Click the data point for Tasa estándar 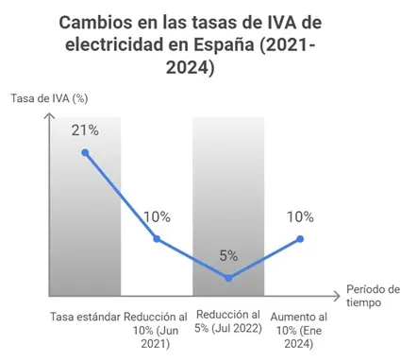pos(85,152)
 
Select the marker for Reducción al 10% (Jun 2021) pos(157,238)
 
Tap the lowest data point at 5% pos(228,278)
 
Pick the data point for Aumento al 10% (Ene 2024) pos(300,238)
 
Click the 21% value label pos(85,130)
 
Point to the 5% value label pos(228,255)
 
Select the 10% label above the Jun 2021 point pos(157,216)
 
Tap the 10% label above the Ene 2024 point pos(300,216)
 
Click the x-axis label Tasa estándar pos(83,315)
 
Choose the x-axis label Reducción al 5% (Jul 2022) pos(228,322)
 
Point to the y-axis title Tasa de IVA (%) pos(50,98)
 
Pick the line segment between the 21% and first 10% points pos(121,196)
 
